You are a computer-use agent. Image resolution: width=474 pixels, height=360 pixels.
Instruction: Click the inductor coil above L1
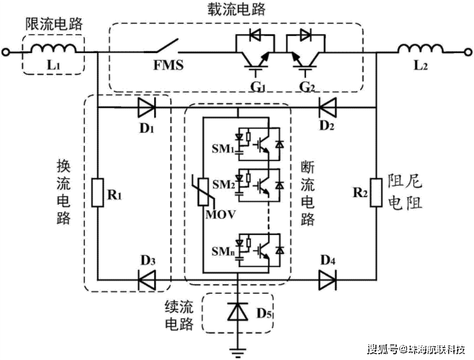(53, 49)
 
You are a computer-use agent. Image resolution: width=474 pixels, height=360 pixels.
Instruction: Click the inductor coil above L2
(420, 49)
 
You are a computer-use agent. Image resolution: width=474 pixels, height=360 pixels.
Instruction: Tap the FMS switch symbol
(167, 45)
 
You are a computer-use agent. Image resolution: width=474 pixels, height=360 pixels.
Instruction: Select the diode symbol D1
(147, 107)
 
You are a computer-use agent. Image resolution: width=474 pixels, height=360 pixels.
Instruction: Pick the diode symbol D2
(327, 107)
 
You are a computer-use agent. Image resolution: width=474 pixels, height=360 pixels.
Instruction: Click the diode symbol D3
(147, 280)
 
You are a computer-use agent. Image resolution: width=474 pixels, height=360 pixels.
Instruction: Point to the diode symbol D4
(327, 280)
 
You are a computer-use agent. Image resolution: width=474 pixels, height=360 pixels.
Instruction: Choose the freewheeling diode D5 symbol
(238, 311)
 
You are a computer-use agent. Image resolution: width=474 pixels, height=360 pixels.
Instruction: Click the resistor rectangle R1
(97, 193)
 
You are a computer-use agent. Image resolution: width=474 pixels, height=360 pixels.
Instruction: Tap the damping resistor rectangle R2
(376, 193)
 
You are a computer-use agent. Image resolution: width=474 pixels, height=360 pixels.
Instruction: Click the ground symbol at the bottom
(238, 352)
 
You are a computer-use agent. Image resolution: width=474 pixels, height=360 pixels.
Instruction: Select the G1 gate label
(258, 87)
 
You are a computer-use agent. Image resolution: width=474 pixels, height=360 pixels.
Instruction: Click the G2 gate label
(307, 87)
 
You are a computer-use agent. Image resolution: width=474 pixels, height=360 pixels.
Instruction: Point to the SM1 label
(223, 149)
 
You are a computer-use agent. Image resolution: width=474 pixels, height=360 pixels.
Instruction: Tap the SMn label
(223, 251)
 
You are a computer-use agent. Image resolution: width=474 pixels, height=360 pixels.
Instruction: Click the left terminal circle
(6, 52)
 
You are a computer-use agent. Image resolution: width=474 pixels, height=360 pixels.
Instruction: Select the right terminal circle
(468, 52)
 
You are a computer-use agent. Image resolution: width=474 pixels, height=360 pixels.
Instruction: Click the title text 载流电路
(236, 9)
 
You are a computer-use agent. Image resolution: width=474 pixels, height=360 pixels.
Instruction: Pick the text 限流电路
(54, 24)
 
